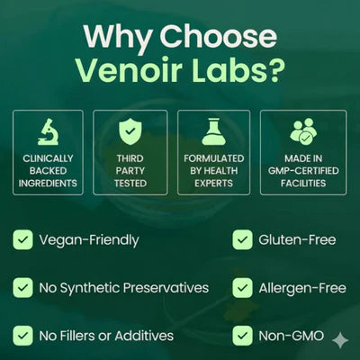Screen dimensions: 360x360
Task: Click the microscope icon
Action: (x=48, y=131)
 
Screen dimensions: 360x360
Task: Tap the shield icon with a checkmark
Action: (x=130, y=131)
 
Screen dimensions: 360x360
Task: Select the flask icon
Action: (x=213, y=131)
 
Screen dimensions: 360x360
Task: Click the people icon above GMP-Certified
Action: (x=303, y=131)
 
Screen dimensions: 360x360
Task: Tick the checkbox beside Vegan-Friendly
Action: (x=22, y=239)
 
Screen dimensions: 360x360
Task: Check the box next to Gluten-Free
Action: (x=242, y=239)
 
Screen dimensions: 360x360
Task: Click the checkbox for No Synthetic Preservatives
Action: (x=22, y=288)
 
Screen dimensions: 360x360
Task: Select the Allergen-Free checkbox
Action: (x=242, y=288)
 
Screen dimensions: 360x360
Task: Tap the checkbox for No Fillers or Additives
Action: (x=22, y=336)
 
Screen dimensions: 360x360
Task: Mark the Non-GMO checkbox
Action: (x=242, y=336)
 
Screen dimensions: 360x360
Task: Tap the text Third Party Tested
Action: (x=130, y=172)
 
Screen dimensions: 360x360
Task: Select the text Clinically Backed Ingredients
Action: (x=48, y=172)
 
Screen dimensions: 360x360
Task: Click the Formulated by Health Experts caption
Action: (x=213, y=172)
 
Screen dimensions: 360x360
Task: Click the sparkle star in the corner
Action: (x=340, y=341)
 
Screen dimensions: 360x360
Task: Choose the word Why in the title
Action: (x=117, y=35)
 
